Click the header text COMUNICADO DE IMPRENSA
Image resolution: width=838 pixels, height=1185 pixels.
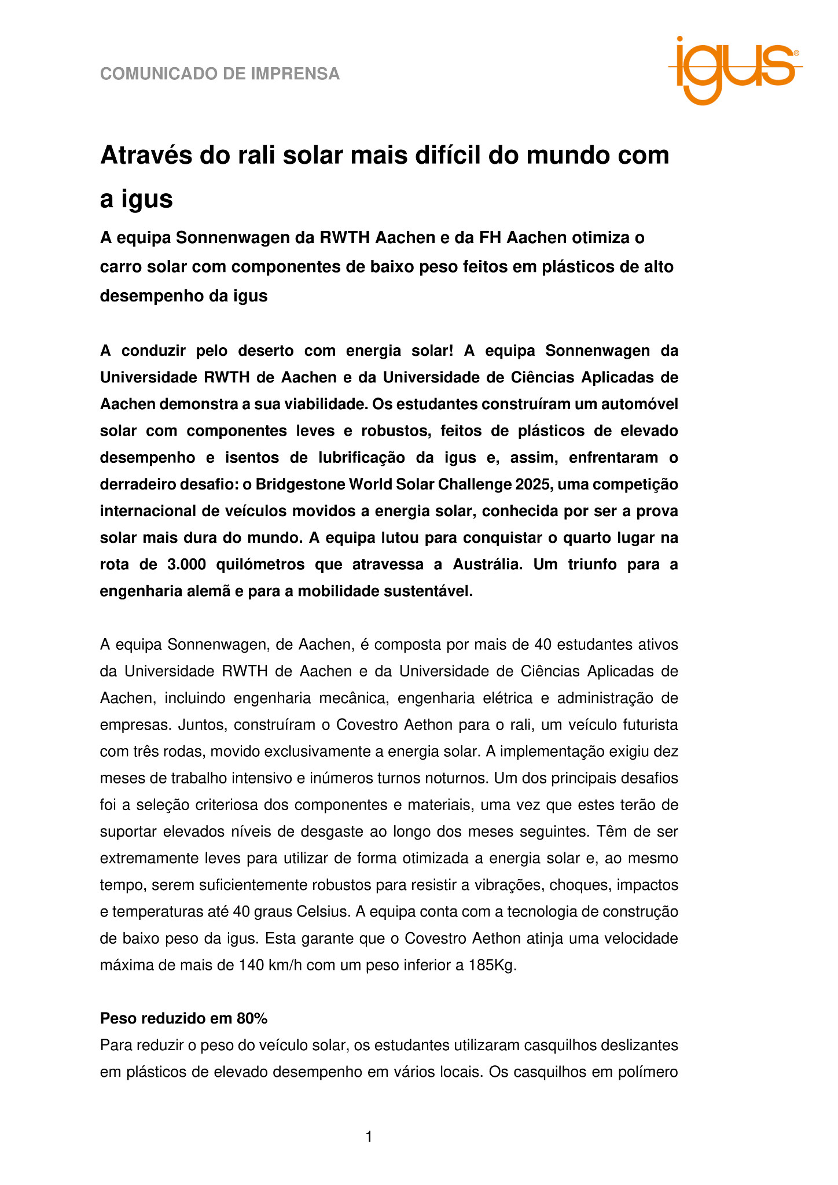(x=220, y=74)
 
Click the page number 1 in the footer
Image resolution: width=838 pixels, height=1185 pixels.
(x=369, y=1138)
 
